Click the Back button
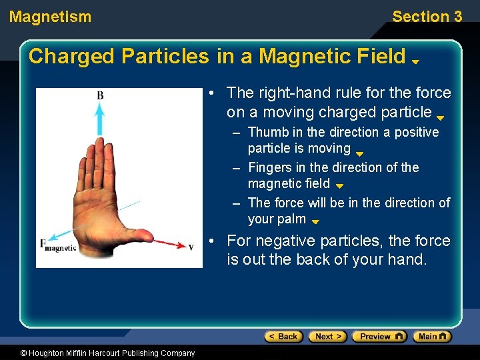click(281, 337)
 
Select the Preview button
click(379, 337)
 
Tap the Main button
click(431, 337)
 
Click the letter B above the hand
click(100, 96)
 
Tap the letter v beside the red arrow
click(191, 247)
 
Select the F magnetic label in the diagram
click(59, 246)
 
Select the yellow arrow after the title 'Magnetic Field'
click(415, 61)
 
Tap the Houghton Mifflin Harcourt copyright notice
click(98, 353)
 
